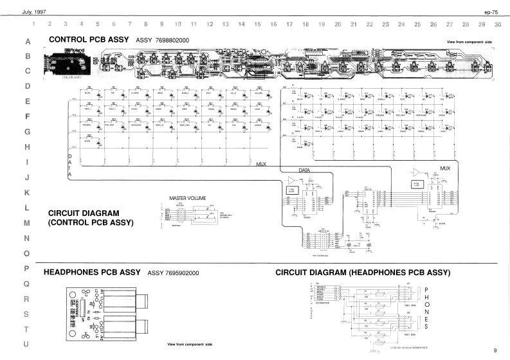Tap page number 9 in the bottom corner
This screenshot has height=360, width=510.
click(495, 350)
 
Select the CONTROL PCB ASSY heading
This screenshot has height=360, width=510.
click(89, 40)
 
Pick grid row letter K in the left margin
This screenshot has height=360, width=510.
click(27, 192)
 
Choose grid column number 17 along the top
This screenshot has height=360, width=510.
click(289, 24)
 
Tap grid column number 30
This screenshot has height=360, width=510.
click(498, 24)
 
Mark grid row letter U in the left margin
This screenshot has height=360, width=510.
click(27, 345)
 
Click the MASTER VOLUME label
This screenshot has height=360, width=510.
click(186, 198)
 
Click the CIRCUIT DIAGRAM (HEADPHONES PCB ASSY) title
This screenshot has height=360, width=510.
click(363, 273)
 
